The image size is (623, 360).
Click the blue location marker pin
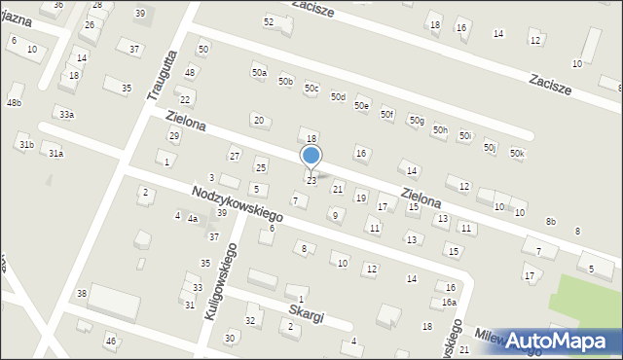(x=311, y=157)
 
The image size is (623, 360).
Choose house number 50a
(x=258, y=73)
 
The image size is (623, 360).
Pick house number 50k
(x=517, y=154)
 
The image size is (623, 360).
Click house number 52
(x=269, y=21)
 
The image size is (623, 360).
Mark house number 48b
(x=14, y=102)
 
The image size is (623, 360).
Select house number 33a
(x=66, y=115)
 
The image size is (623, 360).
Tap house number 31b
(x=26, y=145)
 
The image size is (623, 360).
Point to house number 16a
(x=449, y=303)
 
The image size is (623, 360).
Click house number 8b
(x=551, y=222)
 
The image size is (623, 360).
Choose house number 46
(x=111, y=341)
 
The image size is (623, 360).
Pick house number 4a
(x=193, y=219)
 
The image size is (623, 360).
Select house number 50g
(x=417, y=121)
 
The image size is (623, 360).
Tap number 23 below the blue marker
(x=311, y=180)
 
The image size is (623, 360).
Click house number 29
(x=174, y=134)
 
